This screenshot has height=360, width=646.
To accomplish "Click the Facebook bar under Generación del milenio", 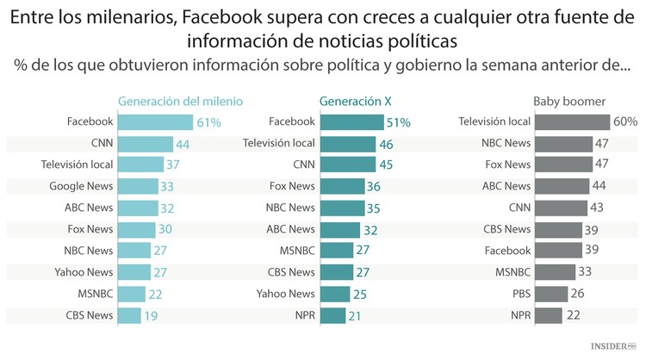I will pyautogui.click(x=155, y=121).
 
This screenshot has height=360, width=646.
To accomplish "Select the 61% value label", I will pyautogui.click(x=209, y=122).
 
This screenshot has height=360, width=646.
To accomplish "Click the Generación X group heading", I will pyautogui.click(x=350, y=101).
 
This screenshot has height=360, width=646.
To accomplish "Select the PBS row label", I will pyautogui.click(x=519, y=294).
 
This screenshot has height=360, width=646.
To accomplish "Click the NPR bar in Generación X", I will pyautogui.click(x=333, y=315).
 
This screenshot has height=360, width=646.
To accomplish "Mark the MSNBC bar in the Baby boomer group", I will pyautogui.click(x=556, y=272).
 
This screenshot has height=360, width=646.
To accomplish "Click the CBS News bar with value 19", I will pyautogui.click(x=128, y=315).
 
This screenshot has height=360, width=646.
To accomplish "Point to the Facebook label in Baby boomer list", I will pyautogui.click(x=507, y=251).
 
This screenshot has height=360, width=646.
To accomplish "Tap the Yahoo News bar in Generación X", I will pyautogui.click(x=336, y=294).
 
